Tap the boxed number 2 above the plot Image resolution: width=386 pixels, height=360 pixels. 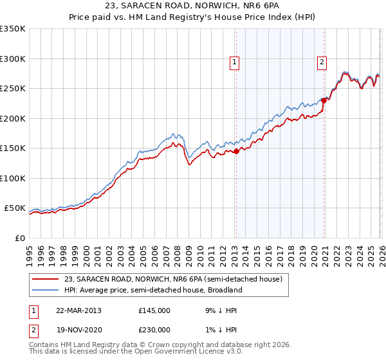[x=321, y=62]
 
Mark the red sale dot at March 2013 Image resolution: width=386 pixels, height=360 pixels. [x=235, y=151]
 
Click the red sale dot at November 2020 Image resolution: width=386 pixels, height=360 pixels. [x=324, y=100]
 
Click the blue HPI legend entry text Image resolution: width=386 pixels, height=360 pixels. [x=153, y=290]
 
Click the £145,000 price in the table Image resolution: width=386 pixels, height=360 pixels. [x=154, y=310]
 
